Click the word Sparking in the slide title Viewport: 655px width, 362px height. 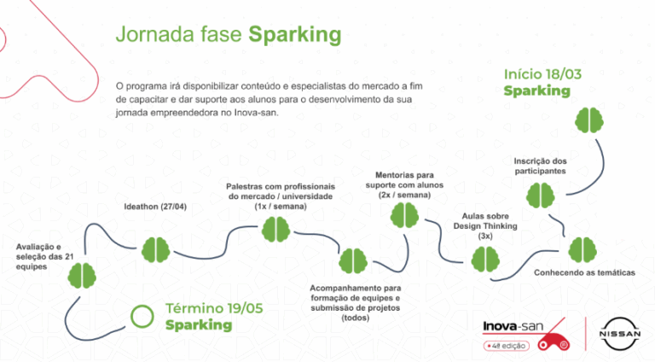(x=295, y=35)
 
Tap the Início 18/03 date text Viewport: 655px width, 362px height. (x=542, y=74)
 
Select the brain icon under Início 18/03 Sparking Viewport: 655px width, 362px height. (x=589, y=120)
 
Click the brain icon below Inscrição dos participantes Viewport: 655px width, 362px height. (x=540, y=196)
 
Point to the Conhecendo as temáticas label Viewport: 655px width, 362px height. (x=584, y=272)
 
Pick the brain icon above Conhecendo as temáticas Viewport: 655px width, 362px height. (x=583, y=250)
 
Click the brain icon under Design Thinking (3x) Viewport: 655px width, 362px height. (x=485, y=260)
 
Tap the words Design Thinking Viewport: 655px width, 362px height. (x=485, y=226)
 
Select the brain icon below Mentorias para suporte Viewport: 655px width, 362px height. (x=404, y=215)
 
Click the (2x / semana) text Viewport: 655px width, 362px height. (x=404, y=196)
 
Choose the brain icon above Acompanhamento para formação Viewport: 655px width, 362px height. (x=353, y=261)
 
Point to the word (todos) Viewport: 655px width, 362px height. (x=356, y=318)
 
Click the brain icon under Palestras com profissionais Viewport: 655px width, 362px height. (x=275, y=230)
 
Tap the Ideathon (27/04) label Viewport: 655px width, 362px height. (x=155, y=207)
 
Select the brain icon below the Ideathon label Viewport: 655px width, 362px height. (x=155, y=250)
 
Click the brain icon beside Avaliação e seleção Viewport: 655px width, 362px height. (x=82, y=276)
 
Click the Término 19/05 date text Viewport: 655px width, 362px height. (x=214, y=308)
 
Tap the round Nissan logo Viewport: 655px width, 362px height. (x=620, y=334)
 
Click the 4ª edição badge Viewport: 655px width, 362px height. (x=507, y=346)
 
